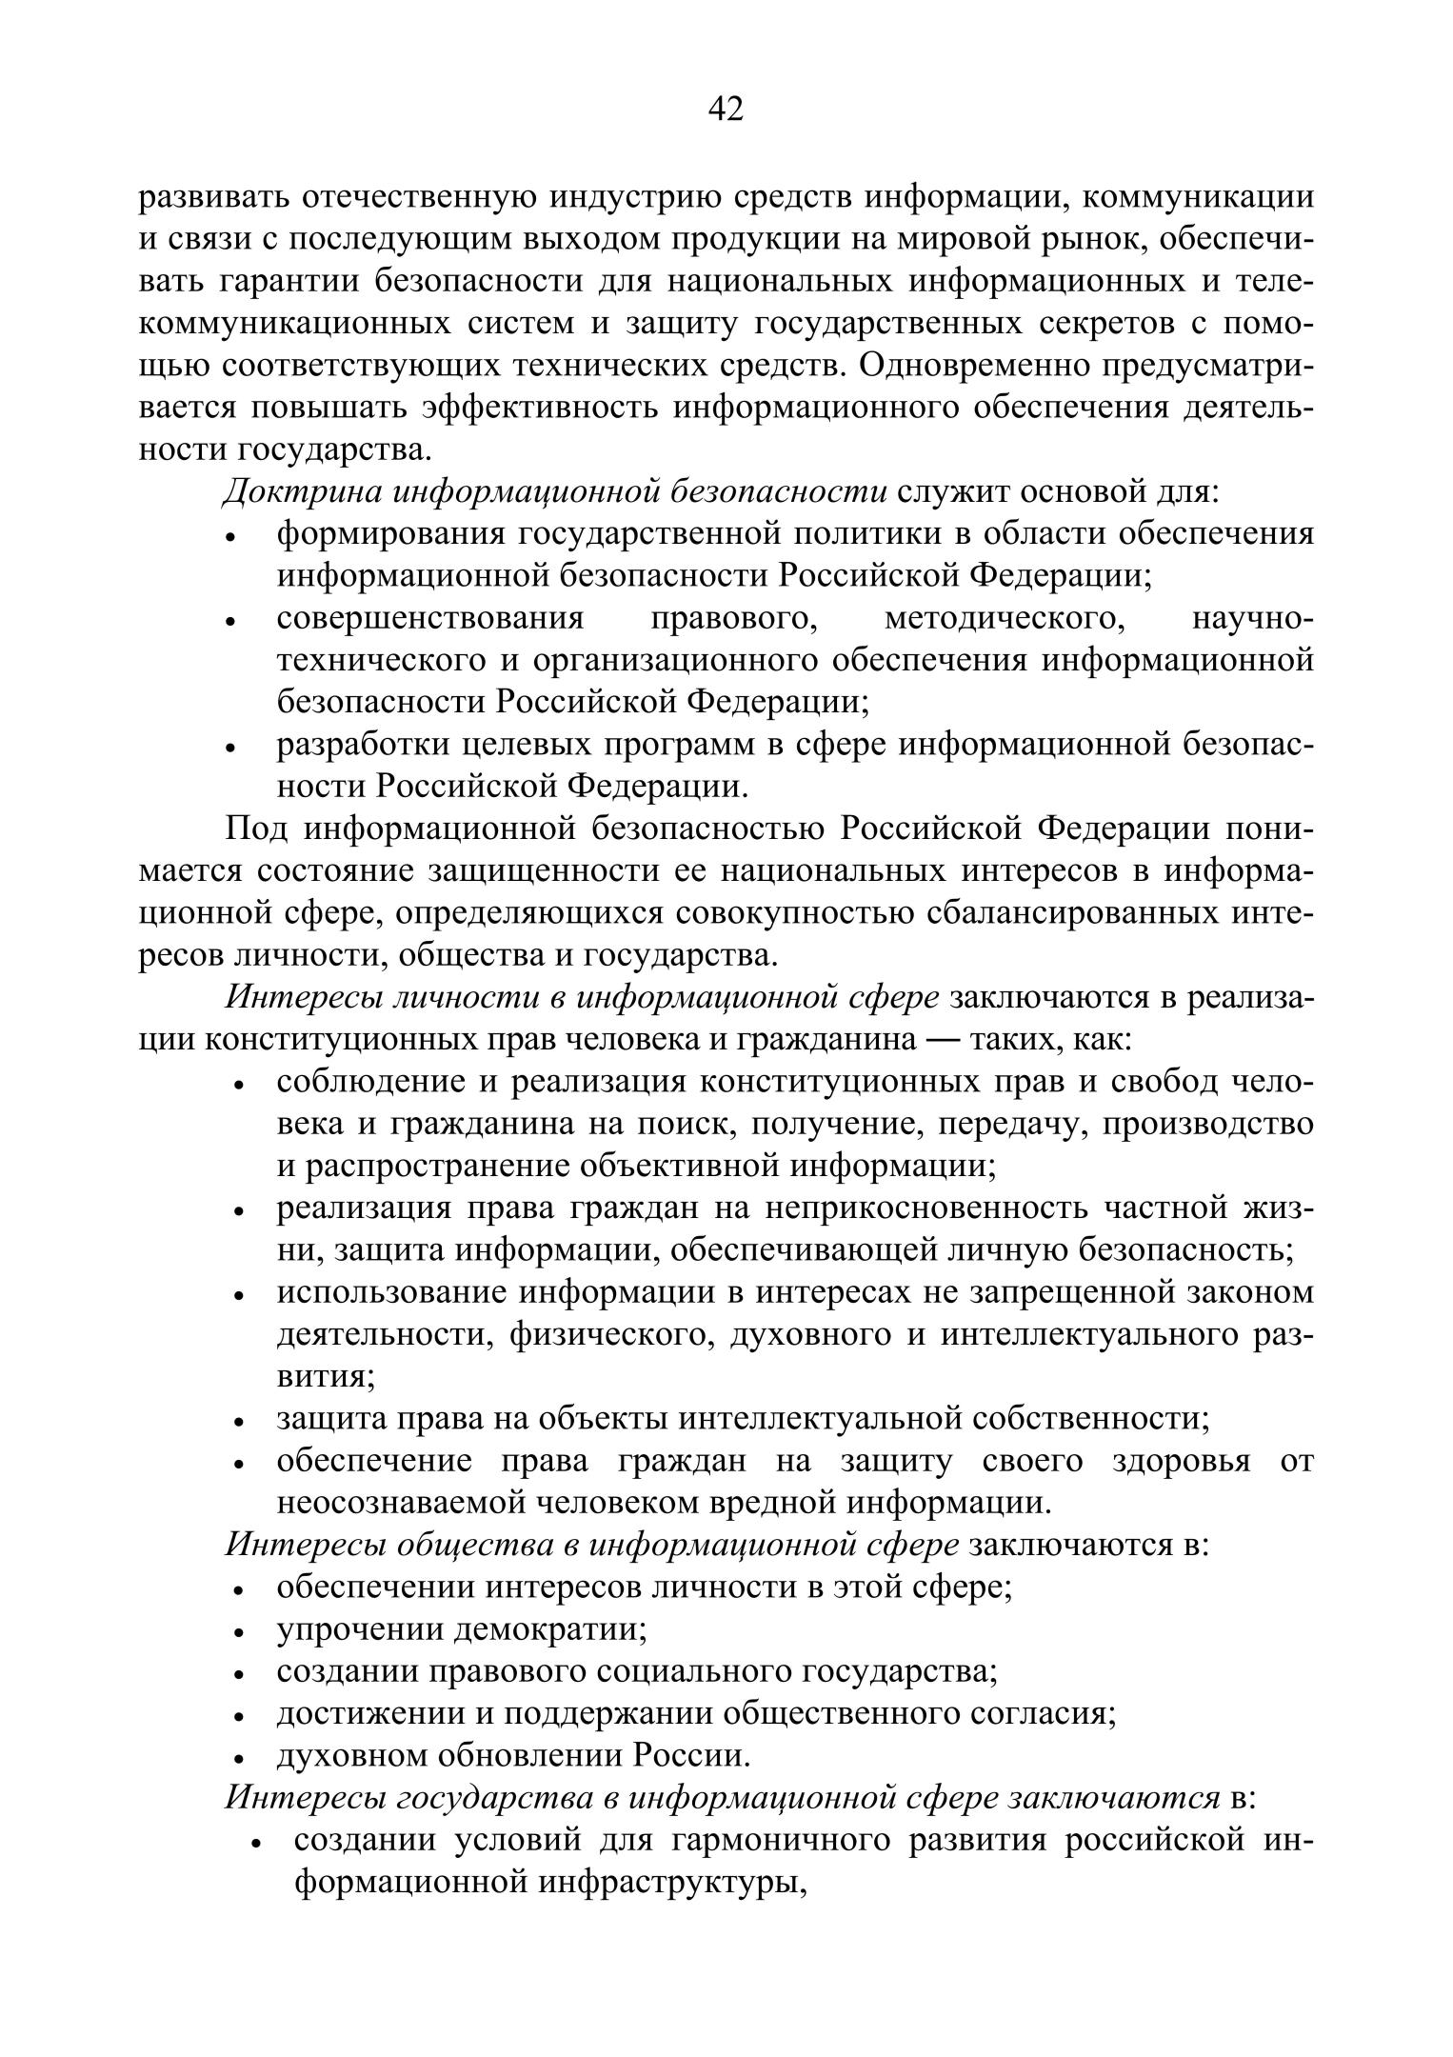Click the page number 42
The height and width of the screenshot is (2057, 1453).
pyautogui.click(x=726, y=110)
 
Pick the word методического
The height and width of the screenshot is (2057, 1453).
pyautogui.click(x=1004, y=618)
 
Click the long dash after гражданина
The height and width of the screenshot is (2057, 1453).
pyautogui.click(x=941, y=1039)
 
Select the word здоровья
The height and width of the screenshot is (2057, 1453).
pyautogui.click(x=1181, y=1461)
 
